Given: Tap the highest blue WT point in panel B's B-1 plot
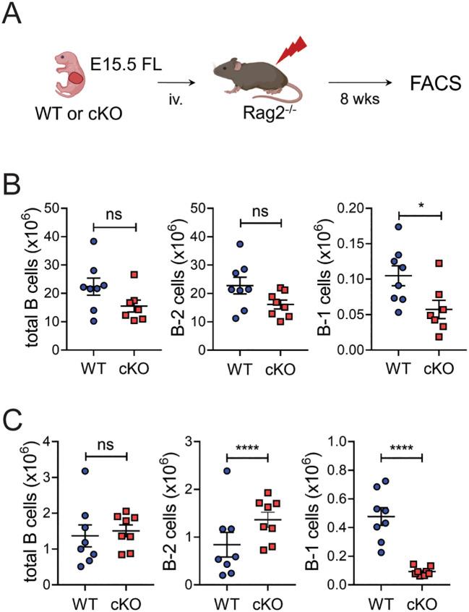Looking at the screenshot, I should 397,227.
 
